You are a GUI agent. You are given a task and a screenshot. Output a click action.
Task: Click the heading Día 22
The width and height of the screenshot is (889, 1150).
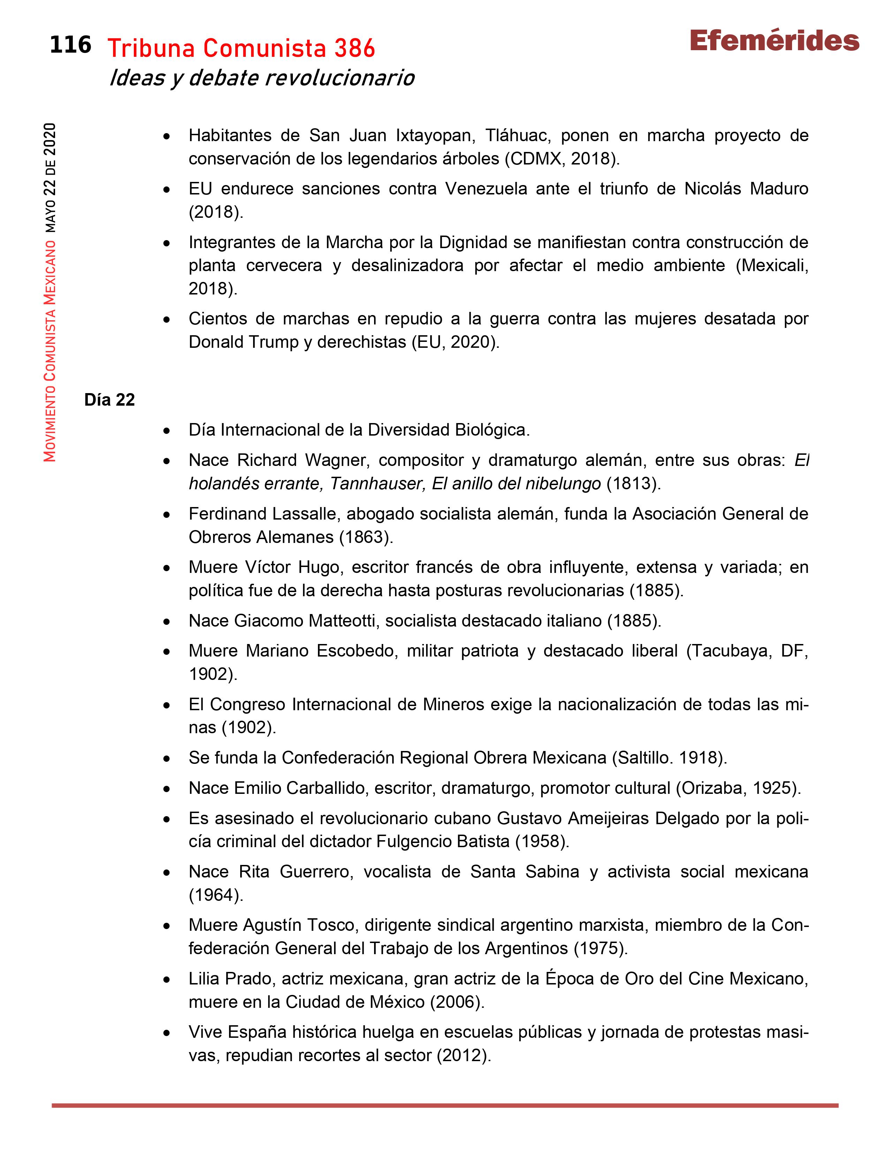(x=109, y=400)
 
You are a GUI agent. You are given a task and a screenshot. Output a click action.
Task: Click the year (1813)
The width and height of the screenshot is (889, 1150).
(x=633, y=483)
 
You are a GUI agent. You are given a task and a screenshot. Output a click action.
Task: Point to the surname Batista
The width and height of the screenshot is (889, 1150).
(x=483, y=842)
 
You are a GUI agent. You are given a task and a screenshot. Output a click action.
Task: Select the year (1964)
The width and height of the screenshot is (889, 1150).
(x=216, y=895)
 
